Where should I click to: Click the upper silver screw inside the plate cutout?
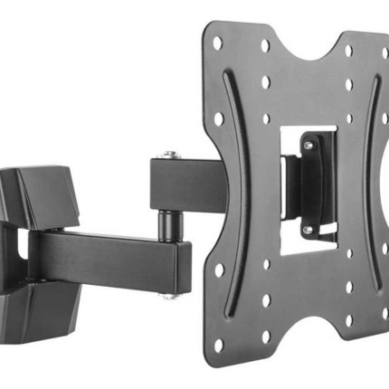pyautogui.click(x=309, y=145)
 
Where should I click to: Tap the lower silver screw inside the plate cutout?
pyautogui.click(x=308, y=230)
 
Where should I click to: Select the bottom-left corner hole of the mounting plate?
pyautogui.click(x=218, y=345)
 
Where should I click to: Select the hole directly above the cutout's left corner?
pyautogui.click(x=266, y=118)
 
